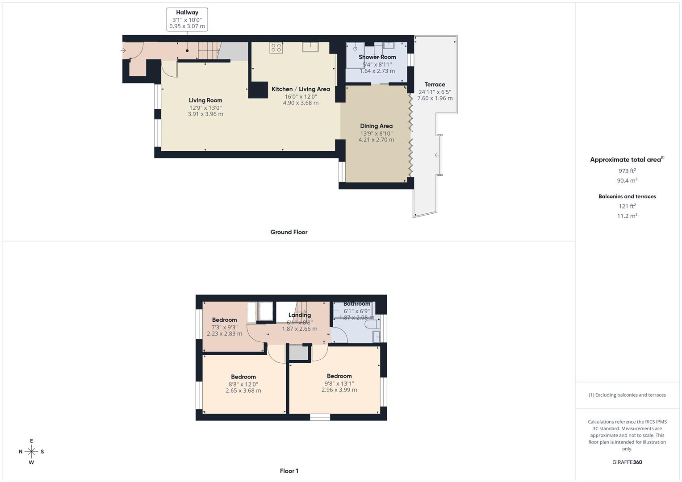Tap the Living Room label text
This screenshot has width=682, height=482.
coord(205,100)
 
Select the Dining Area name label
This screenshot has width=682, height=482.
coord(376,126)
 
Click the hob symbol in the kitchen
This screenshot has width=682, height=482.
coord(276,48)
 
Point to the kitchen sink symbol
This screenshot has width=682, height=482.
coord(310,47)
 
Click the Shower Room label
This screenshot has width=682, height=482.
coord(377,57)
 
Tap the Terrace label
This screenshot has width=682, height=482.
coord(435,84)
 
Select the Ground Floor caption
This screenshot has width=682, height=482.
coord(289,232)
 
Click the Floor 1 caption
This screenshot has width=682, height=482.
coord(289,471)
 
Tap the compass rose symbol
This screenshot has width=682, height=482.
coord(31,452)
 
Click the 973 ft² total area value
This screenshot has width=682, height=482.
coord(627,171)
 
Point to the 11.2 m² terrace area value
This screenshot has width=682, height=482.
coord(627,216)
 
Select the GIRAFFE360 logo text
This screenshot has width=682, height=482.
coord(627,462)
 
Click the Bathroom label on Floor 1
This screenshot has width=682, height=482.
coord(356,304)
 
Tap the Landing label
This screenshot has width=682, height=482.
coord(299,315)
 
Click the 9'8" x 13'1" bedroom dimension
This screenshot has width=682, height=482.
coord(339,383)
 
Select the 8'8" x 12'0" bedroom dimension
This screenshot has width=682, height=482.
coord(243,384)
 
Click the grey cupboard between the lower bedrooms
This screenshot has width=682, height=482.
coord(298,353)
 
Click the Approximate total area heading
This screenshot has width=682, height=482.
coord(625,160)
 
